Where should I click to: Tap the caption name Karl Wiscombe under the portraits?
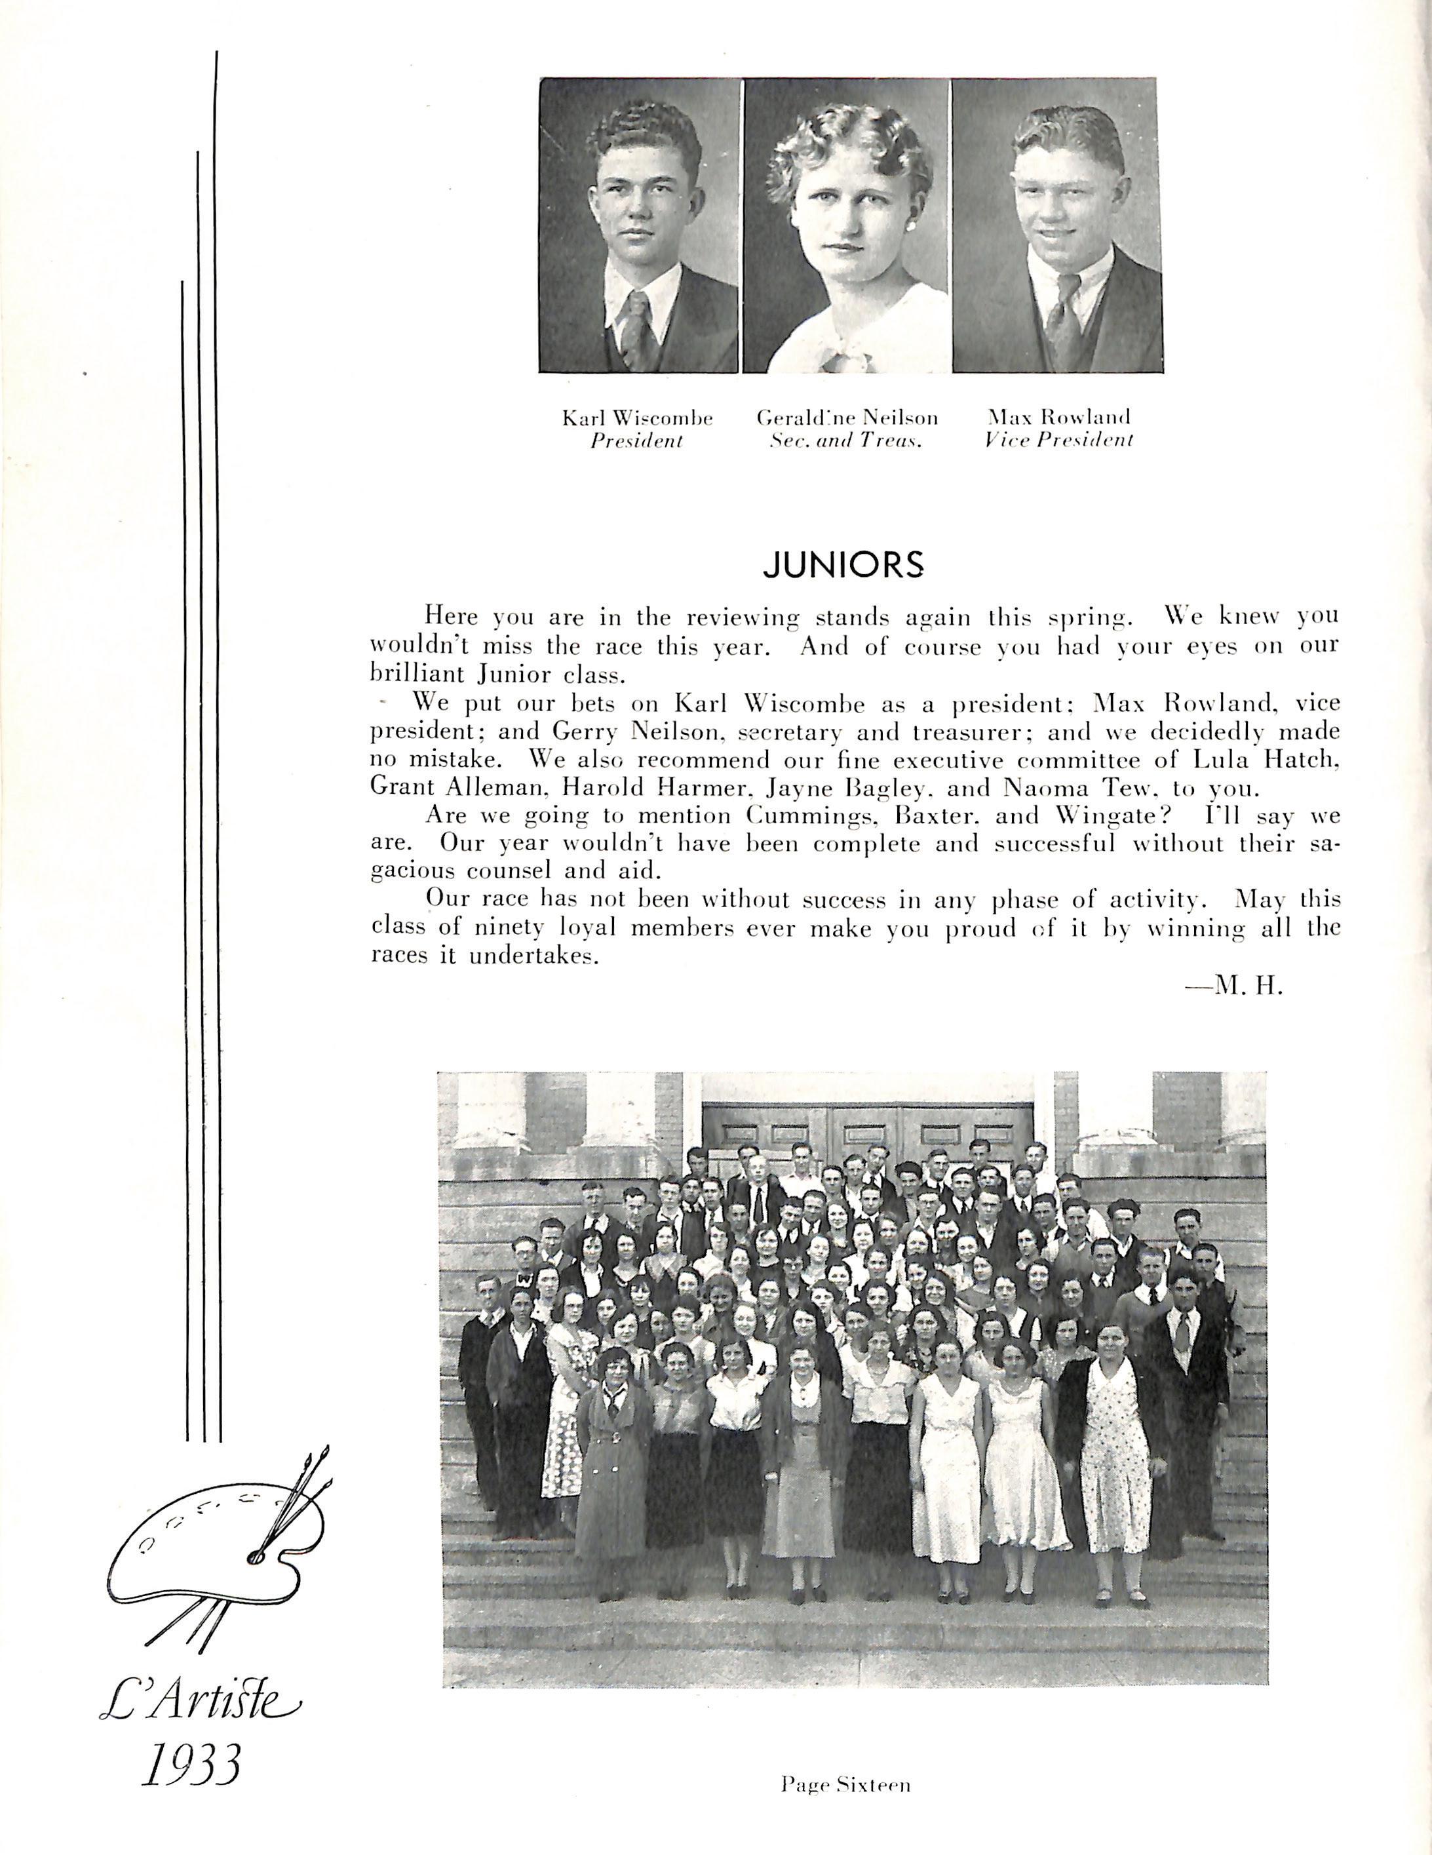click(637, 418)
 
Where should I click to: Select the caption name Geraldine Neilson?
click(847, 418)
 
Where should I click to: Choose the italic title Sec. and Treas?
click(846, 441)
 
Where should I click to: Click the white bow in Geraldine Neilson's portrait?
click(843, 348)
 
